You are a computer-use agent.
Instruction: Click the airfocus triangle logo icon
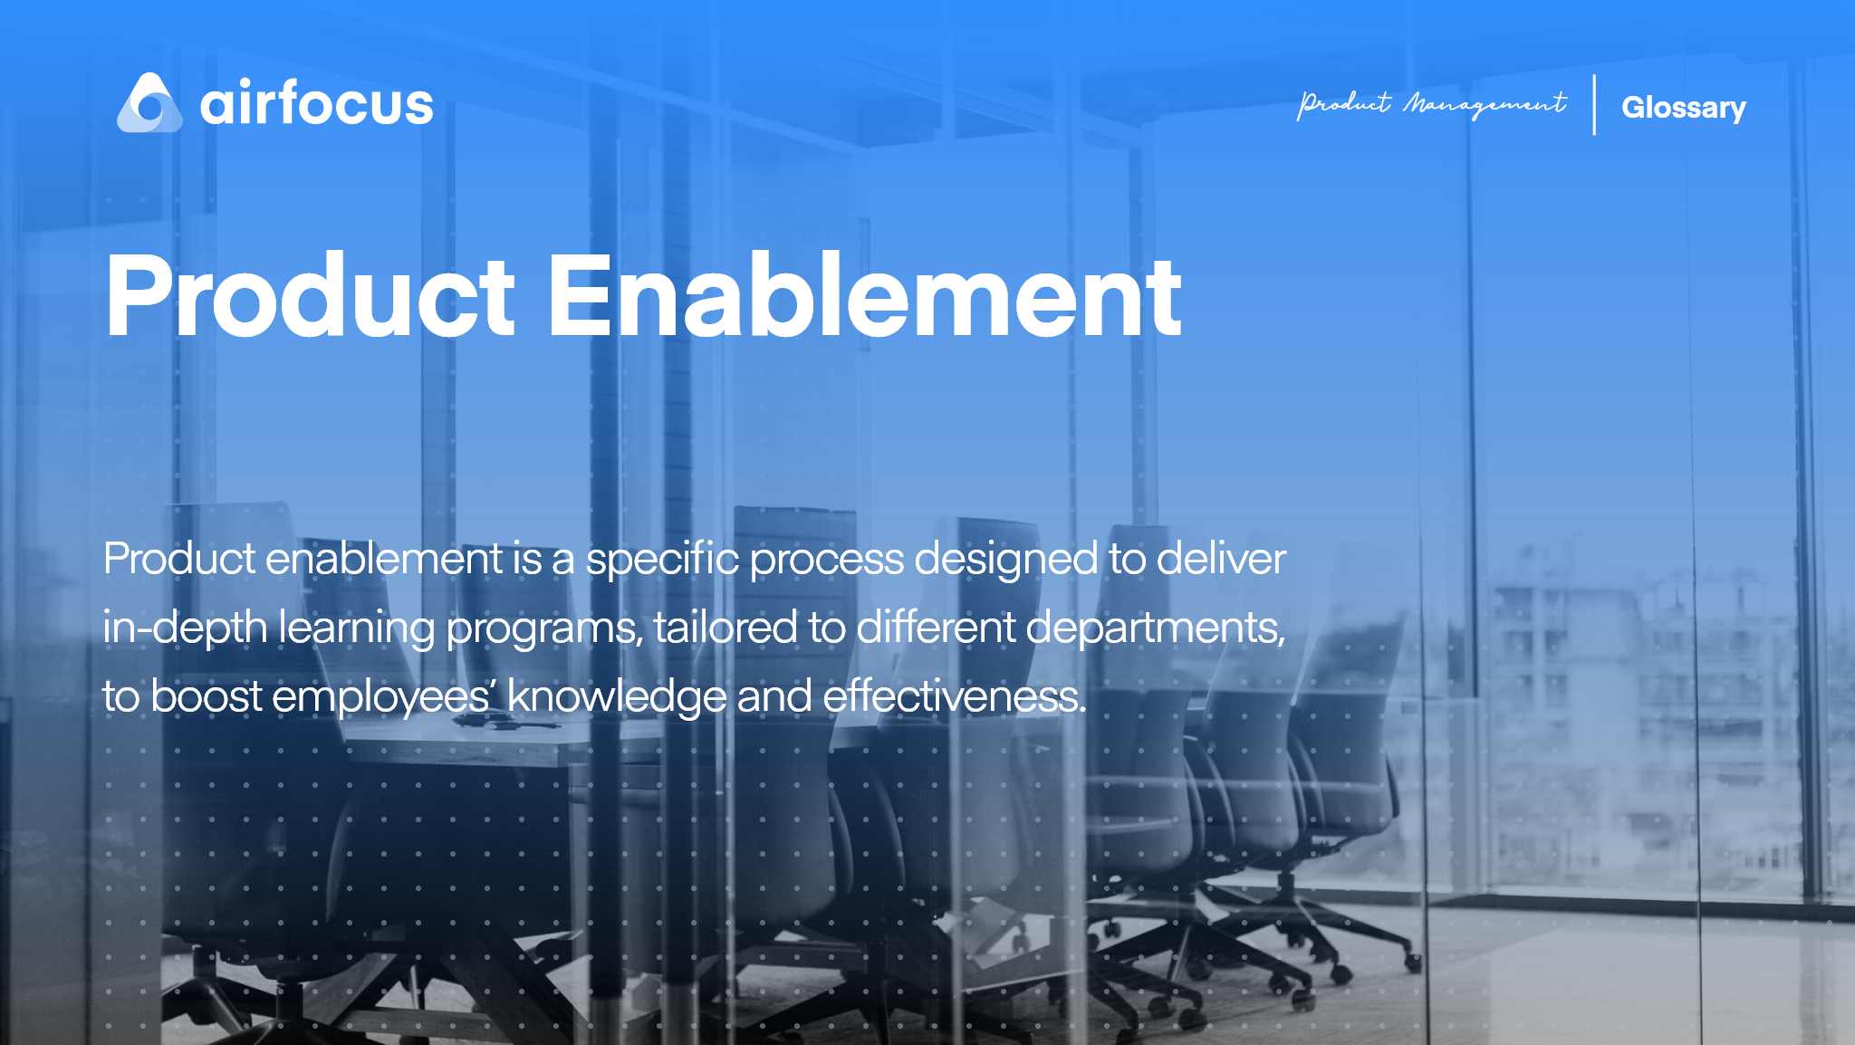pos(149,104)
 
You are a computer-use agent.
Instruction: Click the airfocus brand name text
pos(316,104)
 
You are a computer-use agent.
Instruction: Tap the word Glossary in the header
pos(1683,108)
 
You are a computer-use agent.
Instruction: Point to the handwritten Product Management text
pos(1431,105)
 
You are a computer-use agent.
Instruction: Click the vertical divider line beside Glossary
pos(1594,105)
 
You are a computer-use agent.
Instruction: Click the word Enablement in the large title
pos(864,296)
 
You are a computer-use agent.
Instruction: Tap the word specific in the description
pos(662,559)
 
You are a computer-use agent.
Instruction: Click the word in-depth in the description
pos(185,628)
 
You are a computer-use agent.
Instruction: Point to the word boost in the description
pos(206,696)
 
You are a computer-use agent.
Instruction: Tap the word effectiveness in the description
pos(953,696)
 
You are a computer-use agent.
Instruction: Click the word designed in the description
pos(1005,559)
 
